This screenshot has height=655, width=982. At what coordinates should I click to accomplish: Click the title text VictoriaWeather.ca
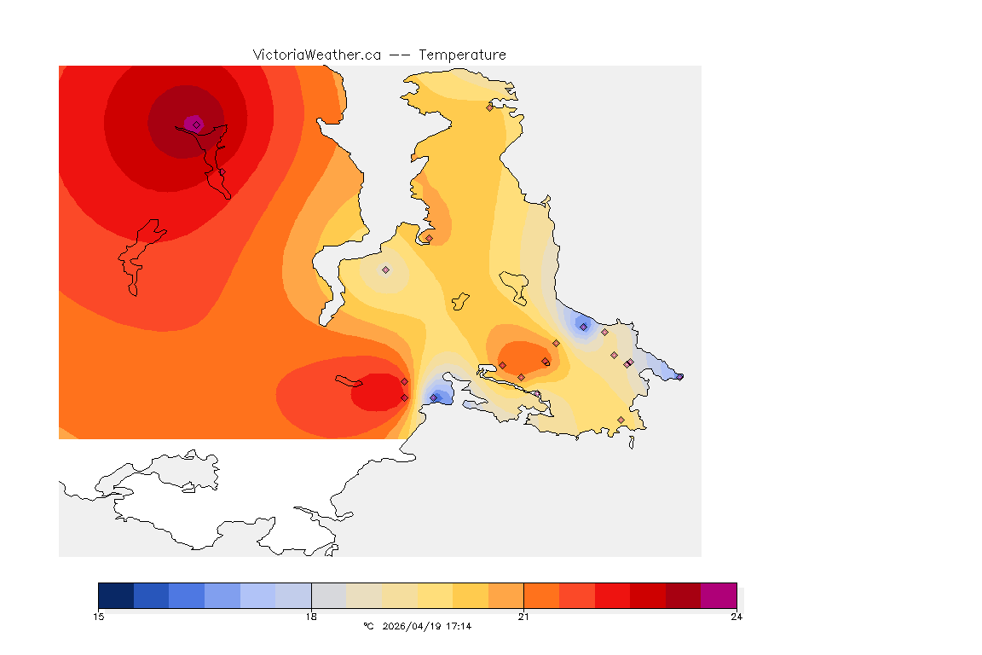pos(316,55)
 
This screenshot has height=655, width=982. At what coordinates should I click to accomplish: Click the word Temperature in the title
pos(462,55)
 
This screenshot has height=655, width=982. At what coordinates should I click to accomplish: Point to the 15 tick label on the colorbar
pos(99,617)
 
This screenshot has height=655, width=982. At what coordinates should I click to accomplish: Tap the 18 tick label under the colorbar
pos(311,617)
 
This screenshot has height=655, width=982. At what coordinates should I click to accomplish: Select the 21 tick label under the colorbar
pos(523,617)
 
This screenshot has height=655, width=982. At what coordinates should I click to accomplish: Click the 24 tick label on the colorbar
pos(736,617)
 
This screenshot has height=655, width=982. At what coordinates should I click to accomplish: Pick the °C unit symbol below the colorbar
pos(368,626)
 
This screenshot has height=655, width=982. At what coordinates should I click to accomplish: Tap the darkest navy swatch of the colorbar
pos(116,595)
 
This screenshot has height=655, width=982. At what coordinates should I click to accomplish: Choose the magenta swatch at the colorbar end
pos(718,595)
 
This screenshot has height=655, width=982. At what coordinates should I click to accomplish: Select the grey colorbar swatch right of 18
pos(328,595)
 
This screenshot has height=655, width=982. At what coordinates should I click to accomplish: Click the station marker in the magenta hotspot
pos(196,125)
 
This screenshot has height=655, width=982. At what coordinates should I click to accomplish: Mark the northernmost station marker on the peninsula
pos(489,107)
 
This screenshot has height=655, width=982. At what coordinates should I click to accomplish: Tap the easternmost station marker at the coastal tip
pos(679,376)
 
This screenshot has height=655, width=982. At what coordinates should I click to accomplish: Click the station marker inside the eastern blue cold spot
pos(583,327)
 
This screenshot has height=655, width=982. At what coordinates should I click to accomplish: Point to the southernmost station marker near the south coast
pos(621,420)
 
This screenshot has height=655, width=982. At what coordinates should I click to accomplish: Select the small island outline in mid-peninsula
pos(460,300)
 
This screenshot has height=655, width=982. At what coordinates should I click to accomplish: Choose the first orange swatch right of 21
pos(540,595)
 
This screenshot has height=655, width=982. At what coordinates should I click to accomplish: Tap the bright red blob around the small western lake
pos(375,394)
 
